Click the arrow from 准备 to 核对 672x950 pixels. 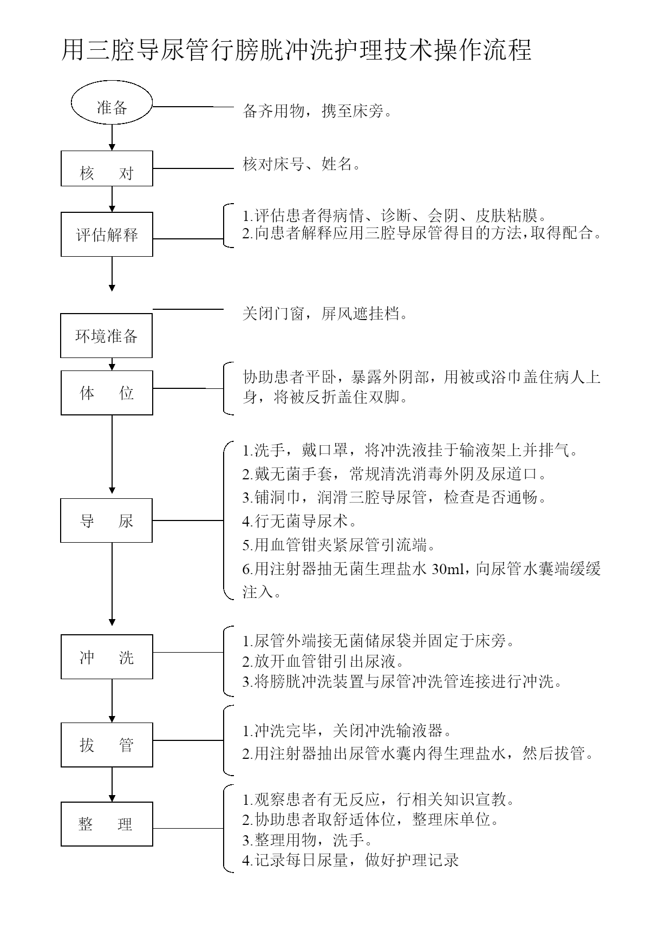[x=112, y=138]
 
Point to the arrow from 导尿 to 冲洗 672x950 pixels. [x=112, y=584]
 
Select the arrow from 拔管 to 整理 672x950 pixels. [x=112, y=784]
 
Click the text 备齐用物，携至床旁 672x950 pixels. [x=317, y=112]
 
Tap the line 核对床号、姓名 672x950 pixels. [x=302, y=164]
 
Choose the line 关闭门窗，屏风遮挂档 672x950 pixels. [x=325, y=314]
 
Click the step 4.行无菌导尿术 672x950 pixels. [x=299, y=522]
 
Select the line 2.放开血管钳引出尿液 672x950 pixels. [x=323, y=661]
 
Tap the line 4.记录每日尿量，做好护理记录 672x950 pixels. [x=350, y=860]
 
